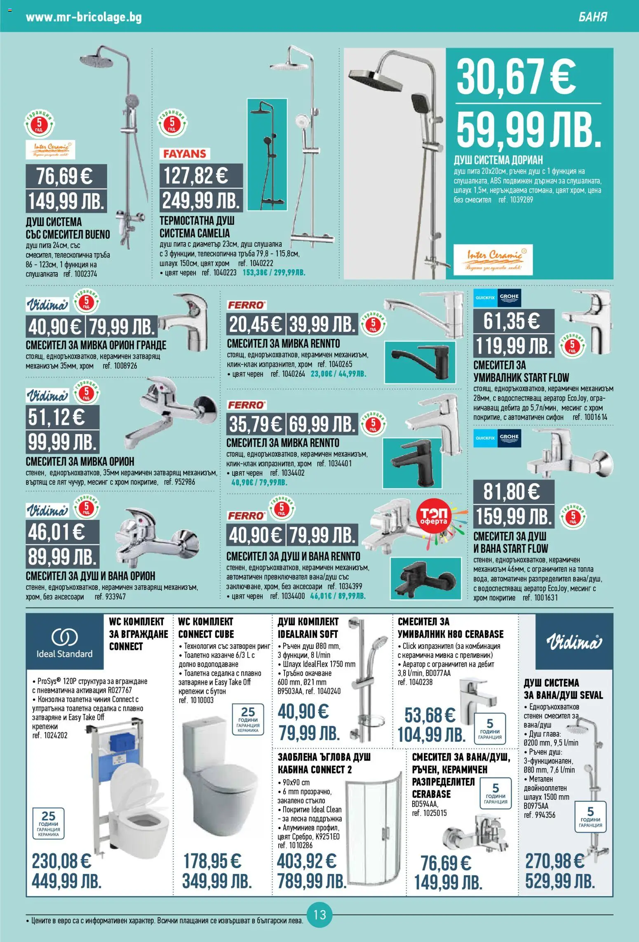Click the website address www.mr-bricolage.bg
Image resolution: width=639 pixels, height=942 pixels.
point(84,17)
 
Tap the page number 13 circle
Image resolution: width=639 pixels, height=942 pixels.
point(319,914)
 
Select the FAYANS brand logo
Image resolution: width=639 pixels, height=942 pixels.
point(185,154)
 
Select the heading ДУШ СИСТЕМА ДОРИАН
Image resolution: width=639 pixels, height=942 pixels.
point(498,160)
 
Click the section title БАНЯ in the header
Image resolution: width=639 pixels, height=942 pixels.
point(593,17)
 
